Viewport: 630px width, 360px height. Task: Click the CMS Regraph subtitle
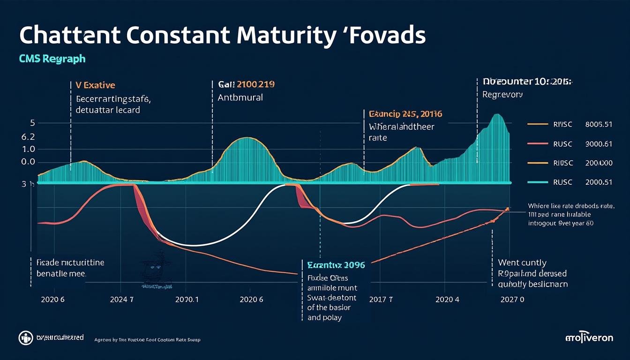coord(52,60)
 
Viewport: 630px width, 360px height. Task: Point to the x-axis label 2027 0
coord(512,299)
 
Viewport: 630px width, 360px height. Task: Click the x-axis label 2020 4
coord(447,299)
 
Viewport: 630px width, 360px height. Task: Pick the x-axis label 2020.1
coord(187,299)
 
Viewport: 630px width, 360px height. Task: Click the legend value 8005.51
coord(599,125)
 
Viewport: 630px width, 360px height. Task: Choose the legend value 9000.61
coord(599,144)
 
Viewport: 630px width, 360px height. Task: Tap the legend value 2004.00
coord(599,163)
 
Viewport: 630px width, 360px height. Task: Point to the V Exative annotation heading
coord(95,85)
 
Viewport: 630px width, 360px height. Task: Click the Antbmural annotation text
coord(240,98)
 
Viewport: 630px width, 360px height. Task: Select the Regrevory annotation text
coord(502,94)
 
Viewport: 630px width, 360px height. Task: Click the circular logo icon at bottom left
coord(24,337)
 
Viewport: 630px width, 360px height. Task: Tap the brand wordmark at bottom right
coord(589,337)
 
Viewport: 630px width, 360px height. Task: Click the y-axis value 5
coord(32,123)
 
